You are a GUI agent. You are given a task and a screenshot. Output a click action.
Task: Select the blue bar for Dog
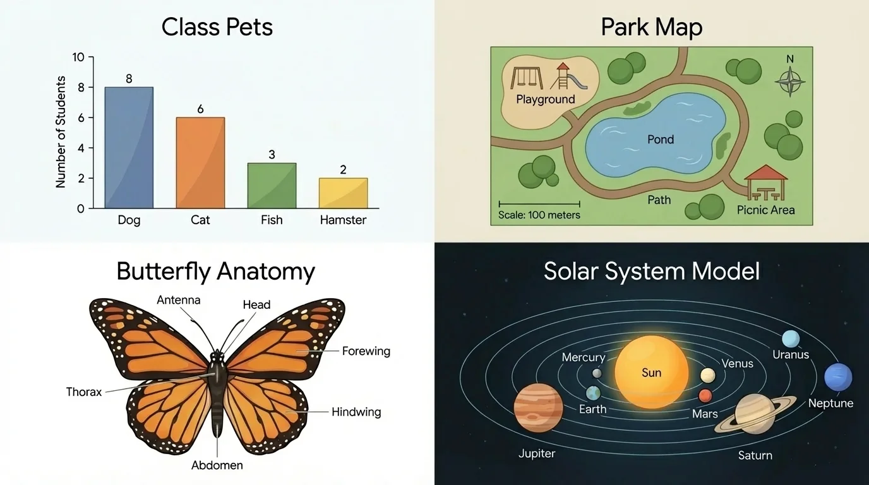pos(129,148)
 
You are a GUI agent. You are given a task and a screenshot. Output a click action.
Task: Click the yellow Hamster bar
pos(343,193)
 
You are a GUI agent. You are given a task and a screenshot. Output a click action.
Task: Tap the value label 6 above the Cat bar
pos(200,109)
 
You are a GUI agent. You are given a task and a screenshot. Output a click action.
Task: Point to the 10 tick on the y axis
pos(78,57)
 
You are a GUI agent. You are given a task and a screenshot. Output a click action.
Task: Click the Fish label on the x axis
pos(272,220)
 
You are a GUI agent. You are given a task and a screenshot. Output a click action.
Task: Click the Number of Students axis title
pos(61,132)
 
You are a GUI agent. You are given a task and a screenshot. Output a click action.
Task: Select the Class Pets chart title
pos(217,28)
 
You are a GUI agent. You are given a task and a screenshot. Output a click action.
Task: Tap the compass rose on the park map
pos(789,81)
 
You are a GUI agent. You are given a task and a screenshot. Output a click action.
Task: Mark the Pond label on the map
pos(661,140)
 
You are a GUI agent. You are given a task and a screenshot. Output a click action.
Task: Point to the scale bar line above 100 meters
pos(539,204)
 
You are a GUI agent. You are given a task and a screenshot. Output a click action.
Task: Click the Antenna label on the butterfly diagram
pos(179,300)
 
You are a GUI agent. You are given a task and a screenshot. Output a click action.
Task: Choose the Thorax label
pos(84,392)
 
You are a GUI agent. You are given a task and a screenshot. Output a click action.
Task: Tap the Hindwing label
pos(356,412)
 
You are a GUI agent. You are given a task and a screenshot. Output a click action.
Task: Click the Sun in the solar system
pos(651,372)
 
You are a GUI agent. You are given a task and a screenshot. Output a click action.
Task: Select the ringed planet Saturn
pos(755,414)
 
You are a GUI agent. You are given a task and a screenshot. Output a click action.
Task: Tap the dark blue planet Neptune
pos(838,378)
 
